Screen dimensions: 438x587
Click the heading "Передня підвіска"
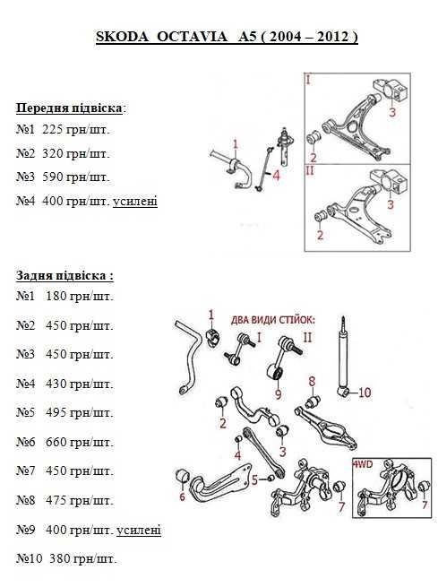pos(69,108)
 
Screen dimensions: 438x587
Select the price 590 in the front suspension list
pos(52,177)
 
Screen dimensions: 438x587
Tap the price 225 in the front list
pos(52,130)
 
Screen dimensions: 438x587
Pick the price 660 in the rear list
pos(56,442)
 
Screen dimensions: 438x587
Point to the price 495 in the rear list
pos(56,412)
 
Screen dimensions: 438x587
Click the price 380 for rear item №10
pos(59,558)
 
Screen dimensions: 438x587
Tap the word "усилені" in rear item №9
pos(139,531)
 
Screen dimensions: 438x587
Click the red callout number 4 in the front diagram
pos(276,175)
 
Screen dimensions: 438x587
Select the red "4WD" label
pos(363,464)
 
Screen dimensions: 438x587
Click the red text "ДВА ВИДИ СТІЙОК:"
pos(273,320)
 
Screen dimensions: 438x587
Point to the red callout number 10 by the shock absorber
pos(365,393)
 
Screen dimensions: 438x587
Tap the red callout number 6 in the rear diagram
pos(182,496)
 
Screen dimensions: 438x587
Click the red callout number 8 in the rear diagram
pos(312,382)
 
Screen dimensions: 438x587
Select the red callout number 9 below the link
pos(278,393)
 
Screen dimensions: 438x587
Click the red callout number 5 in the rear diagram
pos(254,479)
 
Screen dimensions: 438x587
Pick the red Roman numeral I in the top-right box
pos(309,80)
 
